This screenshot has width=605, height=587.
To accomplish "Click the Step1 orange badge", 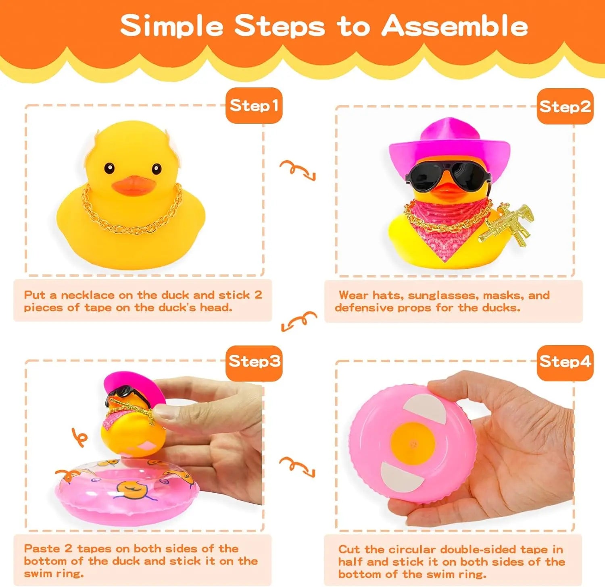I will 254,106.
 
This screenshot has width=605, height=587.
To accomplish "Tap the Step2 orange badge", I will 565,106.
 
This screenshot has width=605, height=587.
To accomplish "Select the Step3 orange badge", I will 254,361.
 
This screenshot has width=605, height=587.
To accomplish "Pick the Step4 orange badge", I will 565,362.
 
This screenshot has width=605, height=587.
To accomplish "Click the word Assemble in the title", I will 455,26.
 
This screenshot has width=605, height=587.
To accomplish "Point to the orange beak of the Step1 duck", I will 133,185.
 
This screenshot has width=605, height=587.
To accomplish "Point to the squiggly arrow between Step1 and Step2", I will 297,170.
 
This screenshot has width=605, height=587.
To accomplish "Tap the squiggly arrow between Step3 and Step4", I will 297,466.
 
